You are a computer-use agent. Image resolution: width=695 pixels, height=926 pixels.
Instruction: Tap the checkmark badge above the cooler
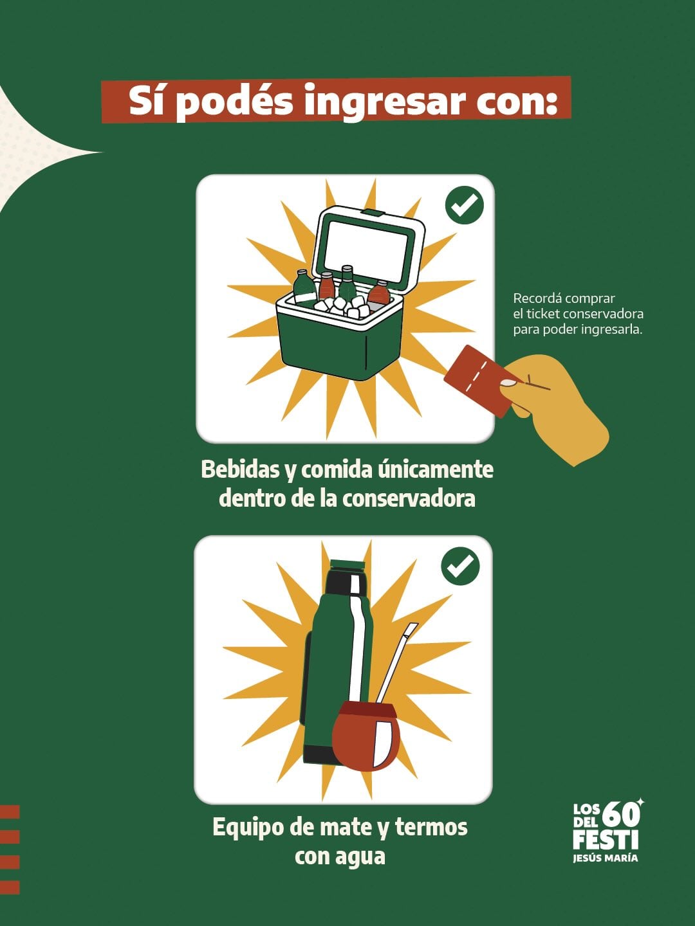click(464, 205)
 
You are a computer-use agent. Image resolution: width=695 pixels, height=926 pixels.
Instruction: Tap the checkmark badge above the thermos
click(460, 566)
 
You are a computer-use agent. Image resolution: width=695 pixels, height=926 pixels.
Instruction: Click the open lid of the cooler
click(367, 248)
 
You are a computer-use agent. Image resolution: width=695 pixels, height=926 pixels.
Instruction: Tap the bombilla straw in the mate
click(396, 662)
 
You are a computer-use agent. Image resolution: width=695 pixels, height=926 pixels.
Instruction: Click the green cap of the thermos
click(347, 566)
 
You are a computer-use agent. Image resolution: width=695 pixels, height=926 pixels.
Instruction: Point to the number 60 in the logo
click(621, 814)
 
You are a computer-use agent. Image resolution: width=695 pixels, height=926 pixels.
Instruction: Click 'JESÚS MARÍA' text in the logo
click(605, 858)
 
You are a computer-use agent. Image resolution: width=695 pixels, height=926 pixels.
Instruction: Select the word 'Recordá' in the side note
click(536, 298)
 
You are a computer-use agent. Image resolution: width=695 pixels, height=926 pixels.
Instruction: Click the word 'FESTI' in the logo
click(605, 840)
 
